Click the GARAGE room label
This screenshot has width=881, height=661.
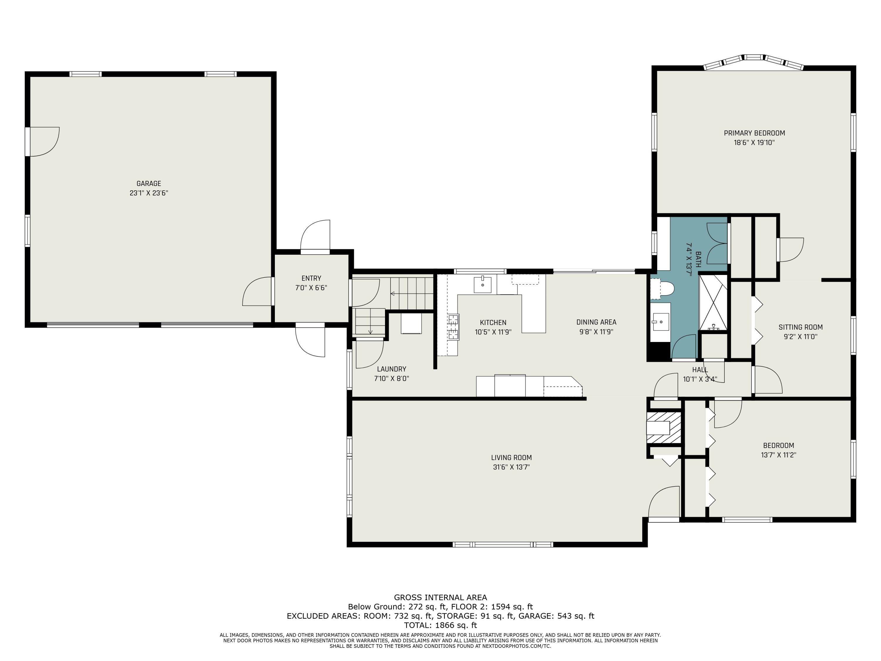tap(149, 184)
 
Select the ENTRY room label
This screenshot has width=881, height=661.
tap(311, 279)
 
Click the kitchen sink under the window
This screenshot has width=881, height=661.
tap(482, 284)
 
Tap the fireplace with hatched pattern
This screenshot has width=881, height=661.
tap(663, 427)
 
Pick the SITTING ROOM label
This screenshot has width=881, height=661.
tap(801, 327)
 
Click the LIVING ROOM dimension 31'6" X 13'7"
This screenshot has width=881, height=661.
tap(511, 467)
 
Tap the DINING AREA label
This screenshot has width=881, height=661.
tap(596, 322)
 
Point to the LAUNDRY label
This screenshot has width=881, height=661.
tap(391, 369)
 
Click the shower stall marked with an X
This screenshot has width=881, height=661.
tap(713, 303)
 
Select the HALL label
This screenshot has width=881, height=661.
tap(700, 370)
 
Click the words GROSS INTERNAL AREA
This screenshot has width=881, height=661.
tap(441, 598)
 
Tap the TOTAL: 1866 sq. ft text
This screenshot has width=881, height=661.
tap(441, 625)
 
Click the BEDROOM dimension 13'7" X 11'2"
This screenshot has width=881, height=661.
tap(778, 455)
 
